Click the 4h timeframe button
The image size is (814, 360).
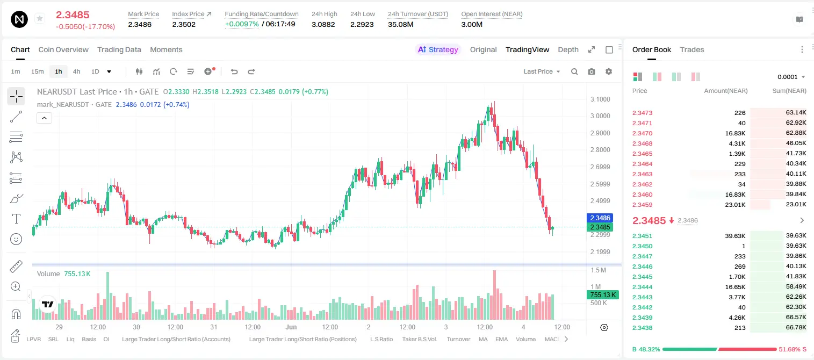pos(76,71)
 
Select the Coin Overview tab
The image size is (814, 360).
pos(63,50)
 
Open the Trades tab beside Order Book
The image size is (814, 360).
pos(692,50)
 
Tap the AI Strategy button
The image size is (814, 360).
pos(438,50)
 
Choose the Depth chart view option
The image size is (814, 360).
pos(568,50)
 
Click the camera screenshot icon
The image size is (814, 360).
pos(592,71)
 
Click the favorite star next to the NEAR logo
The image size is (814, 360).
pos(40,18)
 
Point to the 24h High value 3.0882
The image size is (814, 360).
pos(323,24)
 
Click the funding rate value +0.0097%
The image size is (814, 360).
pos(242,24)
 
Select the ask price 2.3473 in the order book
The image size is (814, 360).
pos(642,113)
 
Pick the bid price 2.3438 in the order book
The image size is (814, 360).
pos(642,328)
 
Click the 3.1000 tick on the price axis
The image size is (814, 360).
pos(600,99)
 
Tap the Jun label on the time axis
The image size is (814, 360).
pos(291,327)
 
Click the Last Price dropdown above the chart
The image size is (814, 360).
pos(542,71)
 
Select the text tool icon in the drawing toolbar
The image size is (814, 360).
pos(16,219)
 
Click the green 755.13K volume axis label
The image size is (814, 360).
pos(603,294)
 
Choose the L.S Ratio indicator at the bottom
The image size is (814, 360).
pos(381,339)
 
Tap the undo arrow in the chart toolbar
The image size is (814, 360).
pos(234,71)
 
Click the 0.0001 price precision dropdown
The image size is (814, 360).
pos(791,77)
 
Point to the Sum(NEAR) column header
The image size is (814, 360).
pos(789,91)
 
